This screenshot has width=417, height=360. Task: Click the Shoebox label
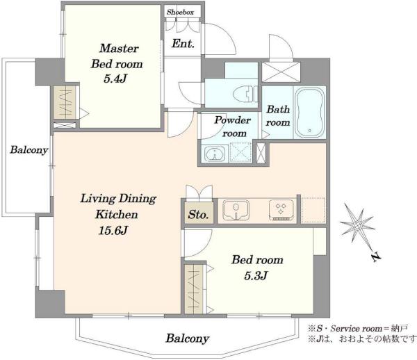click(180, 12)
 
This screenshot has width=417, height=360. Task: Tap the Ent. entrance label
click(183, 43)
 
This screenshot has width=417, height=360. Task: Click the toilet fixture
click(245, 94)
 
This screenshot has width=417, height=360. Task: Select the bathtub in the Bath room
click(310, 112)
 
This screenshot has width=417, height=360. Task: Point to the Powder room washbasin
click(214, 154)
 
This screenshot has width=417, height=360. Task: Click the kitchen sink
click(236, 210)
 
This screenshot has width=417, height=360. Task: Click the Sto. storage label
click(198, 215)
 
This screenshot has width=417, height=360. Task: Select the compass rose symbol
click(357, 225)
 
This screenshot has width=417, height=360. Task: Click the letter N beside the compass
click(376, 257)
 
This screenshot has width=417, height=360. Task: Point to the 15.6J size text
click(113, 230)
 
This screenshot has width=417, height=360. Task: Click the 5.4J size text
click(115, 79)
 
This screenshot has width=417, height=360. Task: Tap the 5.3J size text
click(256, 276)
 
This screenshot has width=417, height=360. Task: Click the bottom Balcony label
click(188, 338)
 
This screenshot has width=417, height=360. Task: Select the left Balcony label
click(29, 149)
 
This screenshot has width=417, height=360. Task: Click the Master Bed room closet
click(65, 102)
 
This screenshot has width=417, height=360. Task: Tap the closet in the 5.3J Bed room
click(194, 289)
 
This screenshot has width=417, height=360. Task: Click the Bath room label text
click(278, 116)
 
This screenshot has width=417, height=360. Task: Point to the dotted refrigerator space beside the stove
click(313, 210)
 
